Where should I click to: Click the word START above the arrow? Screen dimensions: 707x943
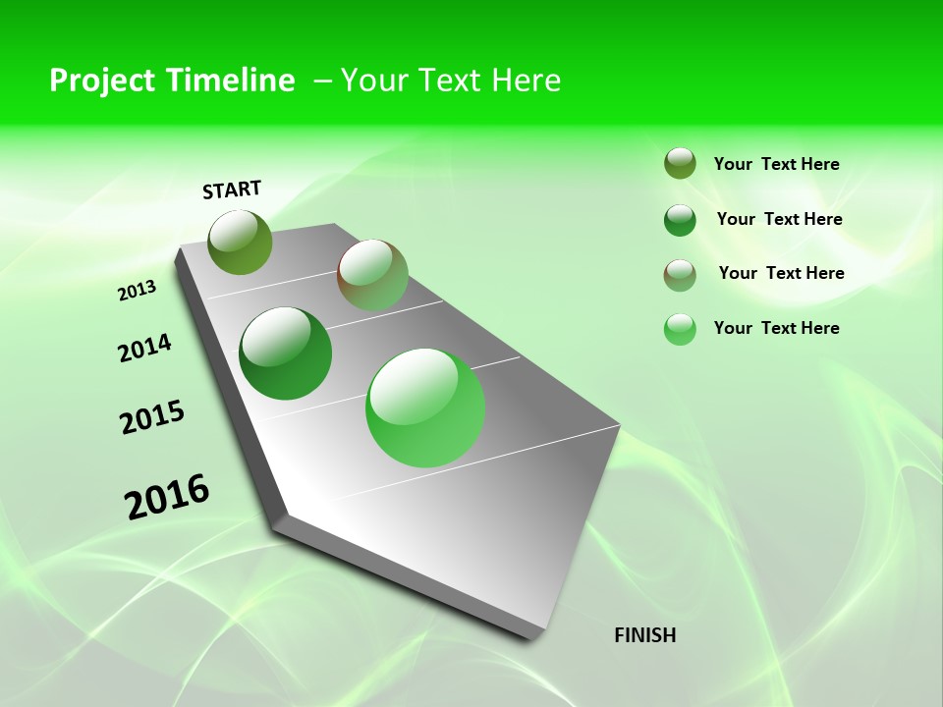232,190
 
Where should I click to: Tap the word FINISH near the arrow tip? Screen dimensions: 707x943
645,635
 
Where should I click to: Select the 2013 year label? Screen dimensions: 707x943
137,290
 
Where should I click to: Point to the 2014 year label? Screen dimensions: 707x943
144,348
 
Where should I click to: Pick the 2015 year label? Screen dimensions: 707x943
152,417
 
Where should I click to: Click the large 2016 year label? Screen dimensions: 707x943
167,497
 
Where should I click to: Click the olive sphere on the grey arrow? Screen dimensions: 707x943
241,242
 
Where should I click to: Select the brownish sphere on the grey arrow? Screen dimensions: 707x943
372,275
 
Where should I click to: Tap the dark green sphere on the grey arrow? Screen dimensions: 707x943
286,353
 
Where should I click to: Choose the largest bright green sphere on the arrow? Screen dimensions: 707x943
425,408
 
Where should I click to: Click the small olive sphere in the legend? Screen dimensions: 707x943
680,163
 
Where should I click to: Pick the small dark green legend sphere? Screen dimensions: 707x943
680,220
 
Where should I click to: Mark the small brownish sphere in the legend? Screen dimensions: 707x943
680,275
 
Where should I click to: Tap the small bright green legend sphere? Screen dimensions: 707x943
680,329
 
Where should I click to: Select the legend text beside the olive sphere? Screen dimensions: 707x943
776,164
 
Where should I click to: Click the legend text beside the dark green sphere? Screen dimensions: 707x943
779,219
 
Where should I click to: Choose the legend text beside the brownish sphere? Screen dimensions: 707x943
781,273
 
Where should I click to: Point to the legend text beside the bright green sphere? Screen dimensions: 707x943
776,328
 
